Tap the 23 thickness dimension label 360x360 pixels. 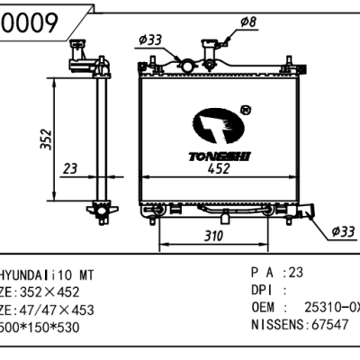(x=71, y=169)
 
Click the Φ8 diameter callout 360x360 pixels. (x=249, y=22)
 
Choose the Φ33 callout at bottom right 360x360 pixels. (x=343, y=231)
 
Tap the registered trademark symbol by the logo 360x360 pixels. (x=246, y=110)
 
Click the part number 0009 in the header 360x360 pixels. (x=35, y=24)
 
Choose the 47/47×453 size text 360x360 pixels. (x=55, y=310)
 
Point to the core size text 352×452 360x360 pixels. (x=54, y=292)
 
